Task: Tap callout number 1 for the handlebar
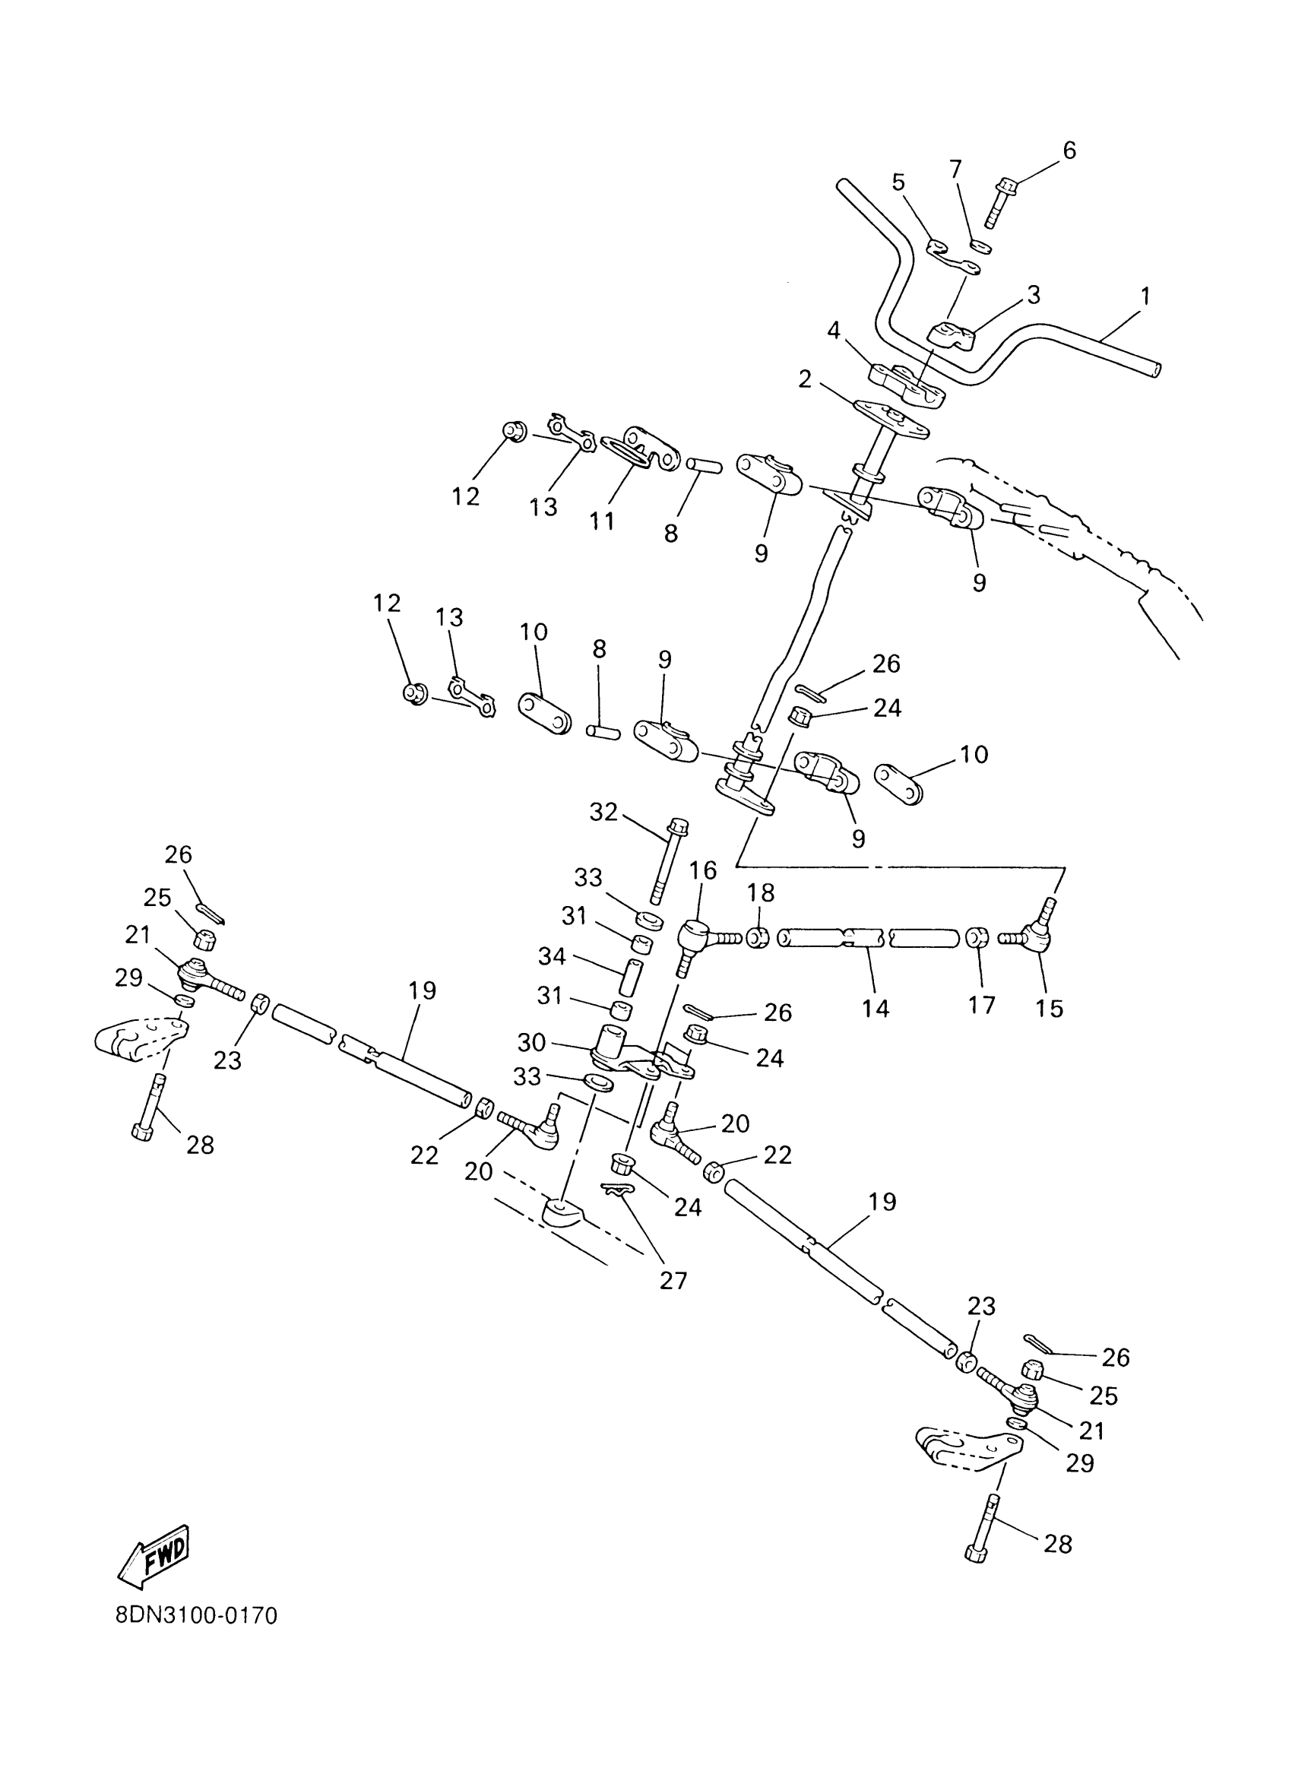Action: click(1145, 296)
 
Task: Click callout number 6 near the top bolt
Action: click(1069, 151)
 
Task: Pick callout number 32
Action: click(603, 812)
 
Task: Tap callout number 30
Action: click(531, 1042)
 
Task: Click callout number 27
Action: click(673, 1281)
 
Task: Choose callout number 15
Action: click(1049, 1009)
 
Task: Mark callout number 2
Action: click(804, 379)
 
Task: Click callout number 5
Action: click(899, 182)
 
